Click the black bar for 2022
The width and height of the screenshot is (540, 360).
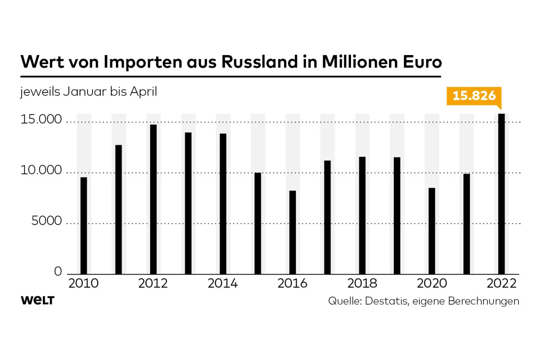pos(502,194)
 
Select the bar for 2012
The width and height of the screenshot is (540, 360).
pos(153,199)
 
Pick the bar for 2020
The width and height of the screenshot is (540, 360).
pos(432,231)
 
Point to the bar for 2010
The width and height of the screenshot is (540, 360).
pos(84,226)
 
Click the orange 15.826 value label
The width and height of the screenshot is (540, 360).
pos(474,96)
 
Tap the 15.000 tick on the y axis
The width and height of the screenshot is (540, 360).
pos(41,119)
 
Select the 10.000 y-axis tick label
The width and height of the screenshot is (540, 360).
pos(41,170)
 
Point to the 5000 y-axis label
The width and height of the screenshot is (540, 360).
pos(47,221)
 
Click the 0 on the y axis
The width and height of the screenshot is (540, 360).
pos(58,271)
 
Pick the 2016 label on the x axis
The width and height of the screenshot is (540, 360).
pos(292,283)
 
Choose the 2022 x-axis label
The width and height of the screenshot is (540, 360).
pos(502,283)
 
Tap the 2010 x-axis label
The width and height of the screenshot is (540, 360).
pos(83,283)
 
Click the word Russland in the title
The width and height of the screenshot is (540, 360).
pos(260,62)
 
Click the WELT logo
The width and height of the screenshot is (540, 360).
pos(37,300)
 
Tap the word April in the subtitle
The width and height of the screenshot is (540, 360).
pos(143,92)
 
